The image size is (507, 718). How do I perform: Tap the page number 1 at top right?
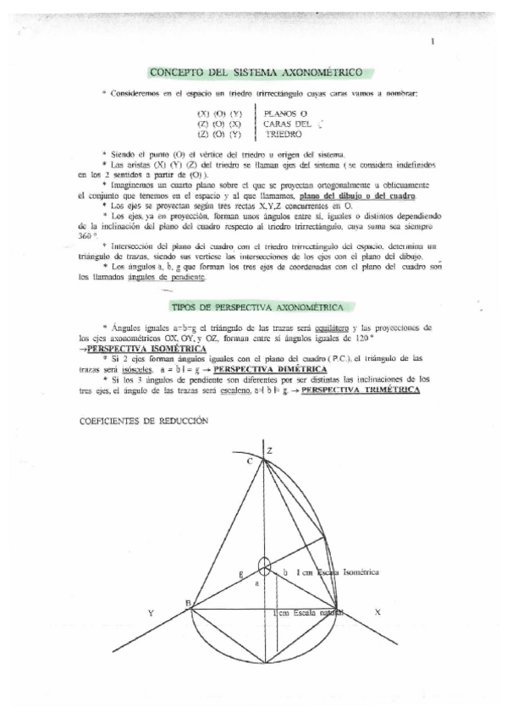pyautogui.click(x=432, y=41)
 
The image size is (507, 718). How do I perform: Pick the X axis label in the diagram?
pyautogui.click(x=377, y=611)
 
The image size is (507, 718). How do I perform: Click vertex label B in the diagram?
pyautogui.click(x=187, y=602)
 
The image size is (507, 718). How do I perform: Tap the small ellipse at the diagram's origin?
pyautogui.click(x=265, y=564)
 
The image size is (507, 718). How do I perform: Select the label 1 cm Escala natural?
pyautogui.click(x=309, y=612)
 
